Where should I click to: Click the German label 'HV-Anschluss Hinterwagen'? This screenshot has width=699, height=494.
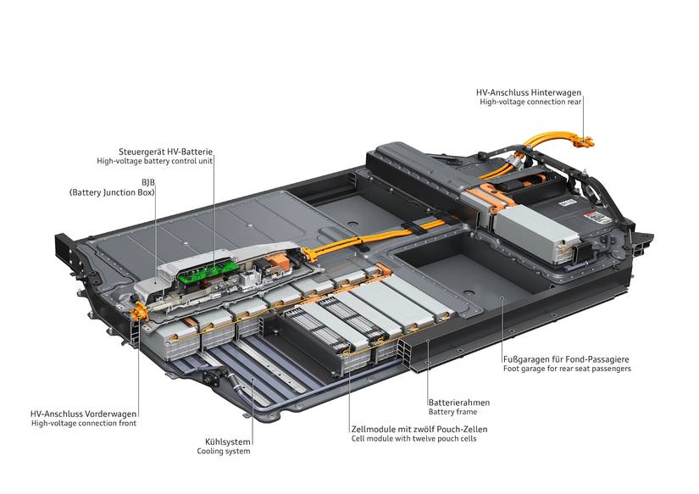point(529,92)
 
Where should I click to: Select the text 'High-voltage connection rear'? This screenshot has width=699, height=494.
point(530,102)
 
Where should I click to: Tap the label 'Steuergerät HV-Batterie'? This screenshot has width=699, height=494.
point(165,152)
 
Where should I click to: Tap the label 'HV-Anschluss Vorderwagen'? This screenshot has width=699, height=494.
point(82,414)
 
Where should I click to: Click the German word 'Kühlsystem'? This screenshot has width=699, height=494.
point(228,441)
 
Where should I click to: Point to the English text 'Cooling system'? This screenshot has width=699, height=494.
point(224,451)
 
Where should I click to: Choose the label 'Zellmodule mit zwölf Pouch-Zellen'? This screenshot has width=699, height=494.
point(419,430)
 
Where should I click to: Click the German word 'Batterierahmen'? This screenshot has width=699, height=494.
point(458,402)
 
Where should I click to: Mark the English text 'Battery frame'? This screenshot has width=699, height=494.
point(453,412)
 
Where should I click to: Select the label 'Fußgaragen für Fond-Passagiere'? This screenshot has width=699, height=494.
point(566,359)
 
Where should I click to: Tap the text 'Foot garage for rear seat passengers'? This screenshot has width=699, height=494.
point(566,369)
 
